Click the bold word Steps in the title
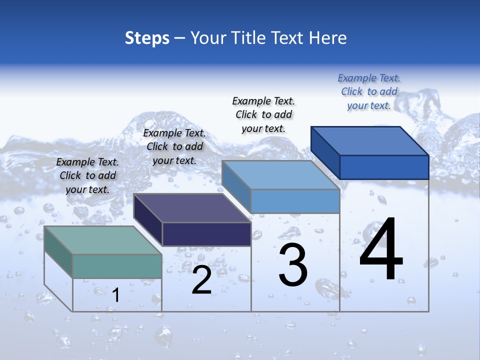147,38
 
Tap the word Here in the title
328,38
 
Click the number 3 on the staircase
293,265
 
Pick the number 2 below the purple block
201,280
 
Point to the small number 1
116,295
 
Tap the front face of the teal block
117,266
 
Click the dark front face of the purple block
206,234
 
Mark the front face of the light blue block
295,201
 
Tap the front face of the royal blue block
384,167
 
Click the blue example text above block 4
369,92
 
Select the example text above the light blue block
263,115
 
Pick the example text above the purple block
174,147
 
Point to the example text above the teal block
87,176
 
